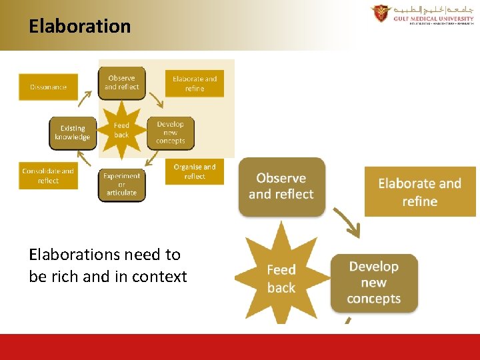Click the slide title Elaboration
(x=79, y=27)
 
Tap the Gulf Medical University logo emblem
(x=381, y=14)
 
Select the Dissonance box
(x=48, y=87)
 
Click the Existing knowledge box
(x=72, y=133)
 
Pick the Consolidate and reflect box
(x=48, y=175)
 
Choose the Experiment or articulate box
(x=121, y=184)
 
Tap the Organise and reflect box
(x=195, y=171)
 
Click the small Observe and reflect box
(x=121, y=83)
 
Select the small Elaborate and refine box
(x=195, y=83)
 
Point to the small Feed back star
(x=121, y=129)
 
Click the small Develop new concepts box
(x=171, y=133)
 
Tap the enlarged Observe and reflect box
(x=281, y=186)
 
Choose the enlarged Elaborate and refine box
(x=420, y=192)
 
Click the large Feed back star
(x=281, y=278)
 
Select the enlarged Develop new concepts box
(x=374, y=282)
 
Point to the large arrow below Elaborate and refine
(x=347, y=223)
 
